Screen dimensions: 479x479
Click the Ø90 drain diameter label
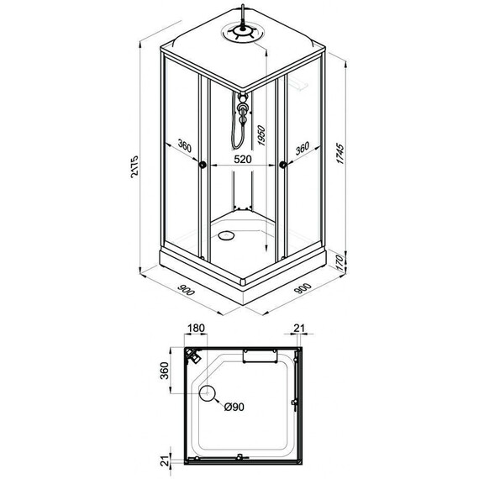(234, 408)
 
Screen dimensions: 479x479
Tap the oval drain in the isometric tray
(227, 236)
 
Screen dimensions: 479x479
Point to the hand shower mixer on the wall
(243, 110)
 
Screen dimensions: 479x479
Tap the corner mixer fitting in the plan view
(191, 357)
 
